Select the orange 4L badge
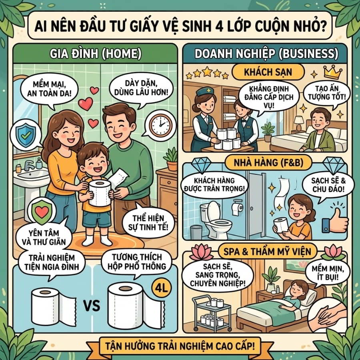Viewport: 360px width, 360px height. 162,288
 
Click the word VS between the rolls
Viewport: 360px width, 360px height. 92,306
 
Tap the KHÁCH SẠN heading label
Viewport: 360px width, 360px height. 268,72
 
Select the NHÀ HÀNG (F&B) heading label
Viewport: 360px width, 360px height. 268,162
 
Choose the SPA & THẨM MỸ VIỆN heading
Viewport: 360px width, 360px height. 267,252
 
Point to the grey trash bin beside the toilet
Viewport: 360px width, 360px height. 196,232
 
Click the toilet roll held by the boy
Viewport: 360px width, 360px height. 100,193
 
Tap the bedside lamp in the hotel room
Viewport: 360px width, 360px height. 299,123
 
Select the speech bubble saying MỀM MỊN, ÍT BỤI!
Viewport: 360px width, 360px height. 328,273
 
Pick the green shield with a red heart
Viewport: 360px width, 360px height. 42,212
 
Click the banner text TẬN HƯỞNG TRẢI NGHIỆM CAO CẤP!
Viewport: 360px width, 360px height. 180,346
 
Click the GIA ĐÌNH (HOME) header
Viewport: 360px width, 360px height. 96,54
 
